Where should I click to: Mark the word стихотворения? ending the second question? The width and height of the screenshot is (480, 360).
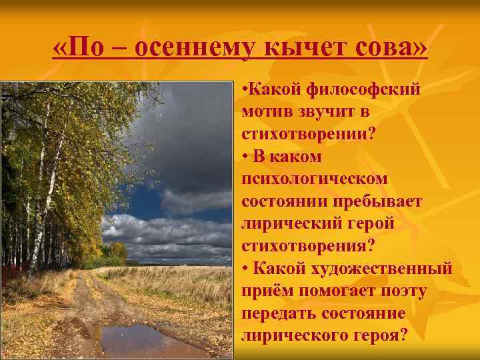(x=308, y=245)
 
